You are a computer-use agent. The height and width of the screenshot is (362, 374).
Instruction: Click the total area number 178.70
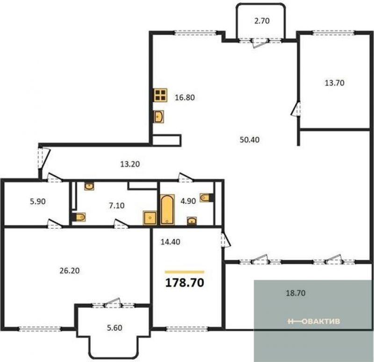click(x=185, y=282)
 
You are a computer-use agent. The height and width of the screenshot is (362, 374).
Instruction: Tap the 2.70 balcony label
click(x=262, y=21)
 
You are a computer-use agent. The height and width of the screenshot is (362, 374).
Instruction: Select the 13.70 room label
click(x=334, y=83)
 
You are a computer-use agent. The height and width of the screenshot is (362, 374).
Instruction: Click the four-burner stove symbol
click(x=160, y=95)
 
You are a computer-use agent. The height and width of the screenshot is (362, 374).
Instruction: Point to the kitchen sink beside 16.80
click(x=158, y=116)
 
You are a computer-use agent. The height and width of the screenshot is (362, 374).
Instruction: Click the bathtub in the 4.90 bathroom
click(x=167, y=210)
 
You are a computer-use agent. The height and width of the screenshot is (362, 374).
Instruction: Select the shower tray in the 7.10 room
click(x=150, y=217)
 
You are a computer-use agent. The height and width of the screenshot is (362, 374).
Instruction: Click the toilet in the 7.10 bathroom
click(x=79, y=217)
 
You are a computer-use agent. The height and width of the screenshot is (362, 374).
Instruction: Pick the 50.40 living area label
click(x=250, y=139)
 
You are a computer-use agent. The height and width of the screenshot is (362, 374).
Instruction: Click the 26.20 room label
click(x=69, y=271)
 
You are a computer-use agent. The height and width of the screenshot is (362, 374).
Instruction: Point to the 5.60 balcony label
click(x=115, y=328)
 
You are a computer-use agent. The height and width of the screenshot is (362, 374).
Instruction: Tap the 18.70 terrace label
click(x=295, y=293)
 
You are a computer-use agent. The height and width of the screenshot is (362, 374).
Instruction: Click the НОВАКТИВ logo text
click(x=314, y=321)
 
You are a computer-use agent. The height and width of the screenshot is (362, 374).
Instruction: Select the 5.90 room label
click(x=38, y=202)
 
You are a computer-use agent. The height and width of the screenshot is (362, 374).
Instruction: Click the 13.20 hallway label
click(x=130, y=164)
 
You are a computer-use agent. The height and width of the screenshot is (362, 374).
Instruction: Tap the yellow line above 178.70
click(x=185, y=272)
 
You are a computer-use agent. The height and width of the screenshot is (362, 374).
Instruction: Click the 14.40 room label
click(x=170, y=242)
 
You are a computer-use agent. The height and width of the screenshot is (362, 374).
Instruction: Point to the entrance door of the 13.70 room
click(x=296, y=109)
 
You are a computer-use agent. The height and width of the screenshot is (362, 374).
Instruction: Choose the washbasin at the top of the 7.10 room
click(x=89, y=186)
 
